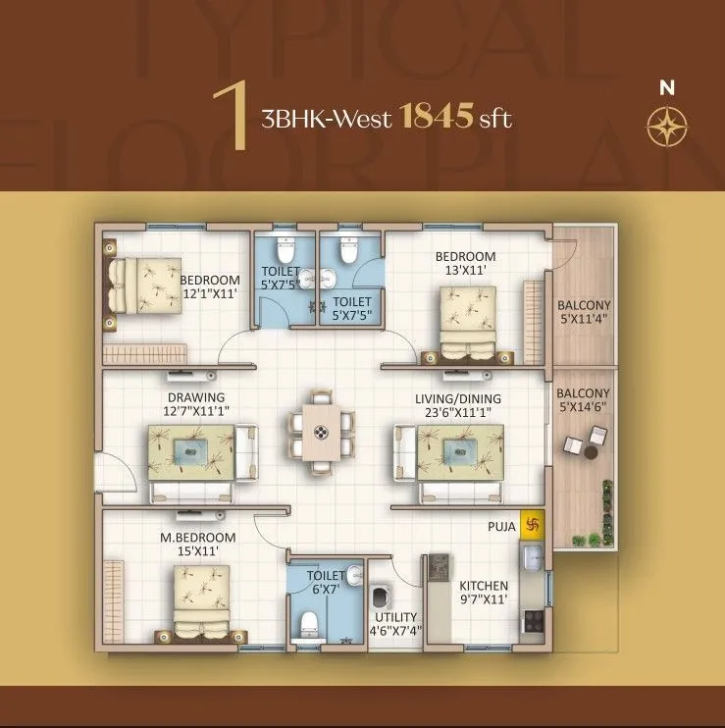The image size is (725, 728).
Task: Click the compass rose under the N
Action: tap(667, 125)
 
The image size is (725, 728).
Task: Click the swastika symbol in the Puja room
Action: tap(534, 524)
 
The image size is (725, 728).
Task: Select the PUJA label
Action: tap(502, 527)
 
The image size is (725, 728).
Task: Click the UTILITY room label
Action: tap(395, 617)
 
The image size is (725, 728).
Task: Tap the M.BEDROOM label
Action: tap(197, 538)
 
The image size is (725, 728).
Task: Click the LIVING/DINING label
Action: tap(457, 398)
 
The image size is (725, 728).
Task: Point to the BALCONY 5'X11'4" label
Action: tap(584, 312)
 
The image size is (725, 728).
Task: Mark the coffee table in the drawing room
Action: tap(191, 451)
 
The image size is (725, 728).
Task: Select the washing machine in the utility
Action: tap(382, 597)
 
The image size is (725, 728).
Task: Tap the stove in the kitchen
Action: tap(535, 620)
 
